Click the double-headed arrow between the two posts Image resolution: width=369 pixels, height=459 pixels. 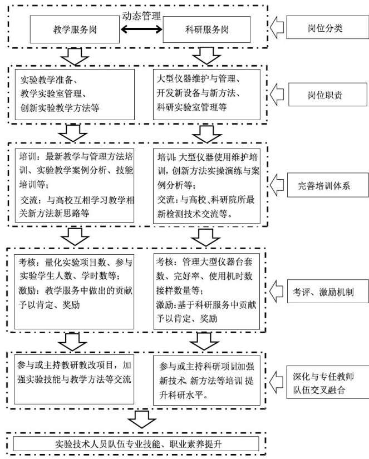(141, 31)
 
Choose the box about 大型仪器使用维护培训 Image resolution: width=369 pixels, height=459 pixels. (206, 185)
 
